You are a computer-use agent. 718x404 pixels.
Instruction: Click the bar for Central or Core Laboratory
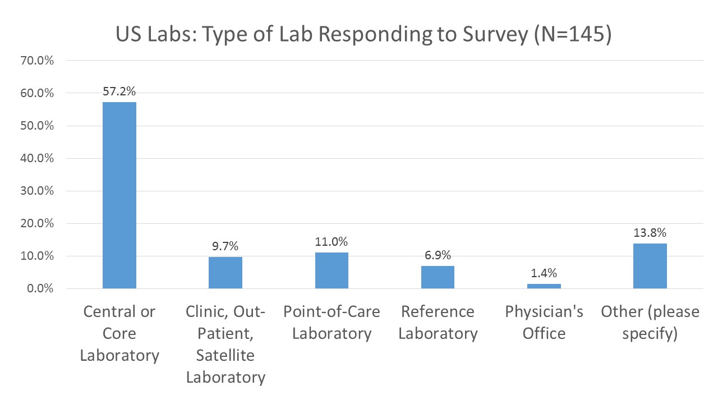(x=119, y=195)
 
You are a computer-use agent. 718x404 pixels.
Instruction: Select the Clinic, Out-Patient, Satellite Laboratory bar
(x=225, y=273)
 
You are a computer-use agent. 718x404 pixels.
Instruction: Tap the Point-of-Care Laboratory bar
(x=332, y=270)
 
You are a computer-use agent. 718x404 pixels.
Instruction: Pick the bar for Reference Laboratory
(x=438, y=277)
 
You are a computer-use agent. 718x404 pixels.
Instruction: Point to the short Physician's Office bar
(x=544, y=286)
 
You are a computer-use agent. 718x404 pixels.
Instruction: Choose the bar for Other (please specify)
(x=650, y=266)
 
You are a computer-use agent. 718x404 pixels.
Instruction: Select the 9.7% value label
(x=225, y=246)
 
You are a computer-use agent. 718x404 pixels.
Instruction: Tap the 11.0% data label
(x=332, y=242)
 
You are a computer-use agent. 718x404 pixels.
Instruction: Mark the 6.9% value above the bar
(x=438, y=255)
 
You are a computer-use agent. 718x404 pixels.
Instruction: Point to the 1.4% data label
(x=544, y=273)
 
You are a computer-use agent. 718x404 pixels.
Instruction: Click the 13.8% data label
(x=650, y=233)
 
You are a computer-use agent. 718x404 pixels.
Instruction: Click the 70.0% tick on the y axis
(x=38, y=61)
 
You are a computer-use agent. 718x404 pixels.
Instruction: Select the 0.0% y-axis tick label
(x=40, y=289)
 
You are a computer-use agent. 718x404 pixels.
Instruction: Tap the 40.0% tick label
(x=38, y=158)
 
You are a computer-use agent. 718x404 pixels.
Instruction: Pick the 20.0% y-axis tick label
(x=38, y=223)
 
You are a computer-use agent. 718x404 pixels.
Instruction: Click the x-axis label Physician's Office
(x=544, y=323)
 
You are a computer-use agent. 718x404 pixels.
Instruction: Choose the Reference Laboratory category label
(x=438, y=323)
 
